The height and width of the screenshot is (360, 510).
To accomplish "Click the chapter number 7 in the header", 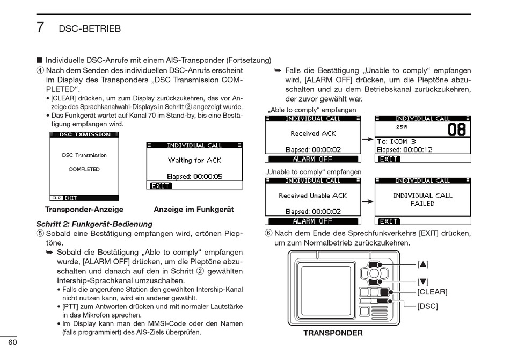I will [x=40, y=27].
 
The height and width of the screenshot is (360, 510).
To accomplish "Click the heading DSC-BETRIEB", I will [x=90, y=28].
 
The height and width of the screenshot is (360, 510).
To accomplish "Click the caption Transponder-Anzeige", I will [x=84, y=210].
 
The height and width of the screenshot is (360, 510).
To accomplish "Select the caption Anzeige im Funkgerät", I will [x=194, y=210].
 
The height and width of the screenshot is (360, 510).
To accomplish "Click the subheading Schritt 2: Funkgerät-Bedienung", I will [x=94, y=224].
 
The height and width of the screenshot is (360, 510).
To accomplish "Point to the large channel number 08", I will [x=456, y=130].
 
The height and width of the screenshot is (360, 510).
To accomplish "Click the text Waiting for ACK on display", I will [x=194, y=160].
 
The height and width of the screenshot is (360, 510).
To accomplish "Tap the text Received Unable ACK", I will [x=313, y=196].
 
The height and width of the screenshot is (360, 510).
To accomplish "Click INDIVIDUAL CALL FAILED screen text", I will [x=422, y=200].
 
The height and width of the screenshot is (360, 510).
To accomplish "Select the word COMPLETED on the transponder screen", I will [x=84, y=169].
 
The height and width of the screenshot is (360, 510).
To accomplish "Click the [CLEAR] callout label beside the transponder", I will [x=432, y=292].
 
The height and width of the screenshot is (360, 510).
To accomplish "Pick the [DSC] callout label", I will [x=428, y=306].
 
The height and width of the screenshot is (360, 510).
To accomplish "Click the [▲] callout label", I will [x=423, y=264].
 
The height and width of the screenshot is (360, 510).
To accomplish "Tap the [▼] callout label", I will [x=423, y=281].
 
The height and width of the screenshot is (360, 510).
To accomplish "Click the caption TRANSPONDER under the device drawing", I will [x=333, y=333].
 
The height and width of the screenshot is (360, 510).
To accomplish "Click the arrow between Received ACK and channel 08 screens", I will [x=367, y=139].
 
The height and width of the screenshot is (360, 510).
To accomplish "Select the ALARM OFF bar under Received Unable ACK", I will [x=312, y=221].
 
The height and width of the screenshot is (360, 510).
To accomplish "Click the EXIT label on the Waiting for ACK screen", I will [x=161, y=186].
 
